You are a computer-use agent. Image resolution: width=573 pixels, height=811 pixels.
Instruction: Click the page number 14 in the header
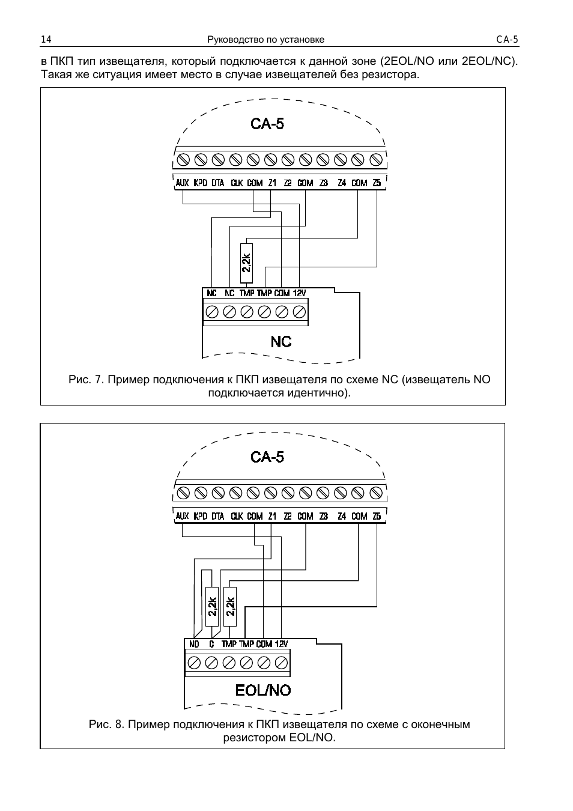46,40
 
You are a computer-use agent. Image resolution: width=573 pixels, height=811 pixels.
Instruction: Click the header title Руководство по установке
265,40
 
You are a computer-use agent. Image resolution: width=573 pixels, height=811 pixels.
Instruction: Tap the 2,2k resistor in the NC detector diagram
246,263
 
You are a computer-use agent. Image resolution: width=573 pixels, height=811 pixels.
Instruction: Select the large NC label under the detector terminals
281,342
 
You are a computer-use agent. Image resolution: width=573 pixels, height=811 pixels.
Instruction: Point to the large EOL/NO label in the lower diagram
263,690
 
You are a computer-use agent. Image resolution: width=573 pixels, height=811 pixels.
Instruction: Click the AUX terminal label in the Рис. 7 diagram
183,183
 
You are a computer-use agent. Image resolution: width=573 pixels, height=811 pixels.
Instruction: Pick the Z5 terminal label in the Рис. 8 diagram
377,516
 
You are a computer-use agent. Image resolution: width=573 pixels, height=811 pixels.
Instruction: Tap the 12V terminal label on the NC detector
299,293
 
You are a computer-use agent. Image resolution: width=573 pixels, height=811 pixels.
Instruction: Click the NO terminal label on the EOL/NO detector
194,644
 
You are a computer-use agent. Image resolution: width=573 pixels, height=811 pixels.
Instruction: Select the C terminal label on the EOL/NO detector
211,644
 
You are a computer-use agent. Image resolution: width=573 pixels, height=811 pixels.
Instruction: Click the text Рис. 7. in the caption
87,380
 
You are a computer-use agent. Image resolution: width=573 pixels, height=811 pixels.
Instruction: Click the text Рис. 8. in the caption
107,724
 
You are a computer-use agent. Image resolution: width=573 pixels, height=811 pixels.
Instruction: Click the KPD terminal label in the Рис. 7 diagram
201,183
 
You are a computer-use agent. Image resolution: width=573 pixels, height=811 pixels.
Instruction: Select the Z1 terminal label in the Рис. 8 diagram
273,516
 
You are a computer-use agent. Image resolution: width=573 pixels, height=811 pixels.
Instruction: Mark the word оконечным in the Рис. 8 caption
441,724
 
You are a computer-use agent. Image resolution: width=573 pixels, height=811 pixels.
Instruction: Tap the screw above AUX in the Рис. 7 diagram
183,160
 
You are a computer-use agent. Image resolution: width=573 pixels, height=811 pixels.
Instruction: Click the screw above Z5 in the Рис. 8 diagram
376,493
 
